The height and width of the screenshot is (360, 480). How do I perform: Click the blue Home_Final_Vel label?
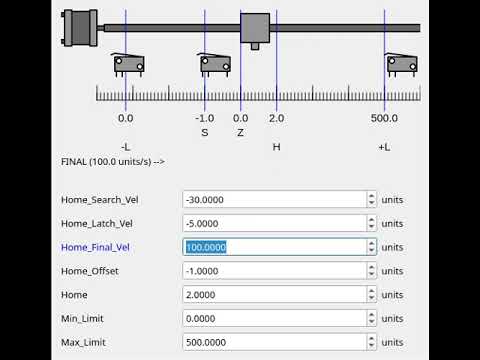tap(95, 247)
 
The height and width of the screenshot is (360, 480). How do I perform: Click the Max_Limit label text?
tap(83, 343)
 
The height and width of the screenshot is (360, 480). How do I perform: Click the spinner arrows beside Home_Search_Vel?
tap(371, 199)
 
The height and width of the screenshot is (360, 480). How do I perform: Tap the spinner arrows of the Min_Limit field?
tap(371, 319)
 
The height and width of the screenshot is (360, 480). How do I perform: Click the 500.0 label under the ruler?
tap(384, 118)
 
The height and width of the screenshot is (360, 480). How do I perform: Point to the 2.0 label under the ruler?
tap(276, 118)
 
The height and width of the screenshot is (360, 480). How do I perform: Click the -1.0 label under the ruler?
tap(205, 118)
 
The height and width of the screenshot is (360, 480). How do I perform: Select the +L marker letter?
tap(384, 147)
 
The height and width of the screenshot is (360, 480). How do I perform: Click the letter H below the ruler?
tap(276, 147)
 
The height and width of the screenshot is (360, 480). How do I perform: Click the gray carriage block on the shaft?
tap(255, 28)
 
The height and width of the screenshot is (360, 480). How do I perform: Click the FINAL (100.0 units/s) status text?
tap(112, 161)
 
